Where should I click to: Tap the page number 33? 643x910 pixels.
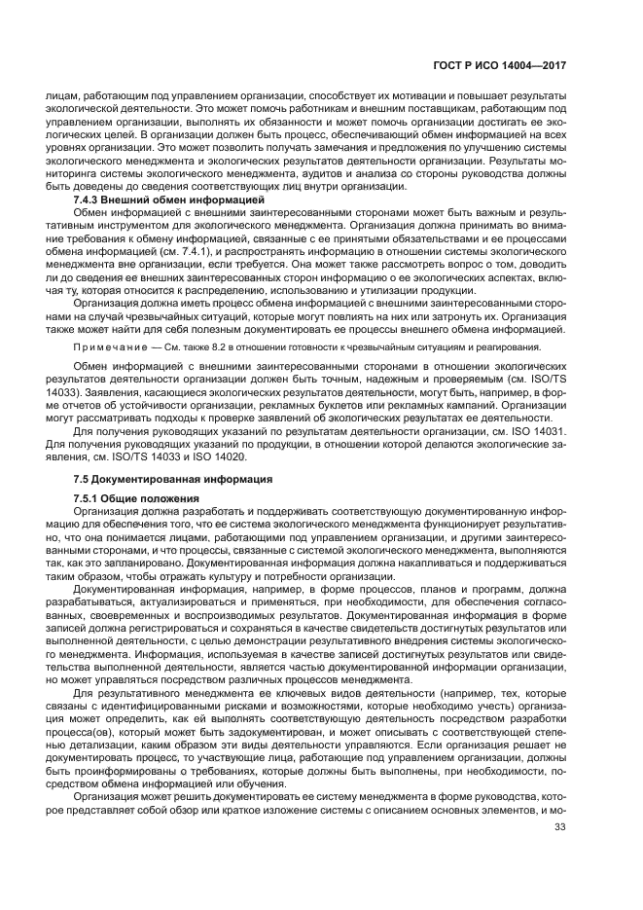[x=559, y=827]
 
